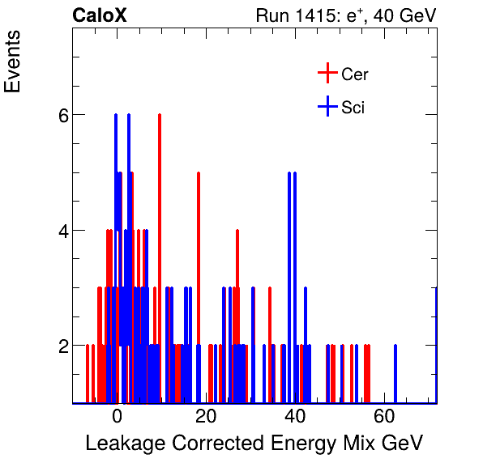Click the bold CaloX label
click(98, 15)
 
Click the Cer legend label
click(355, 74)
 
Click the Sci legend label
click(353, 108)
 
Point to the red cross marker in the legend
click(327, 74)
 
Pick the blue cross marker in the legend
click(327, 107)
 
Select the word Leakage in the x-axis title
click(125, 443)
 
